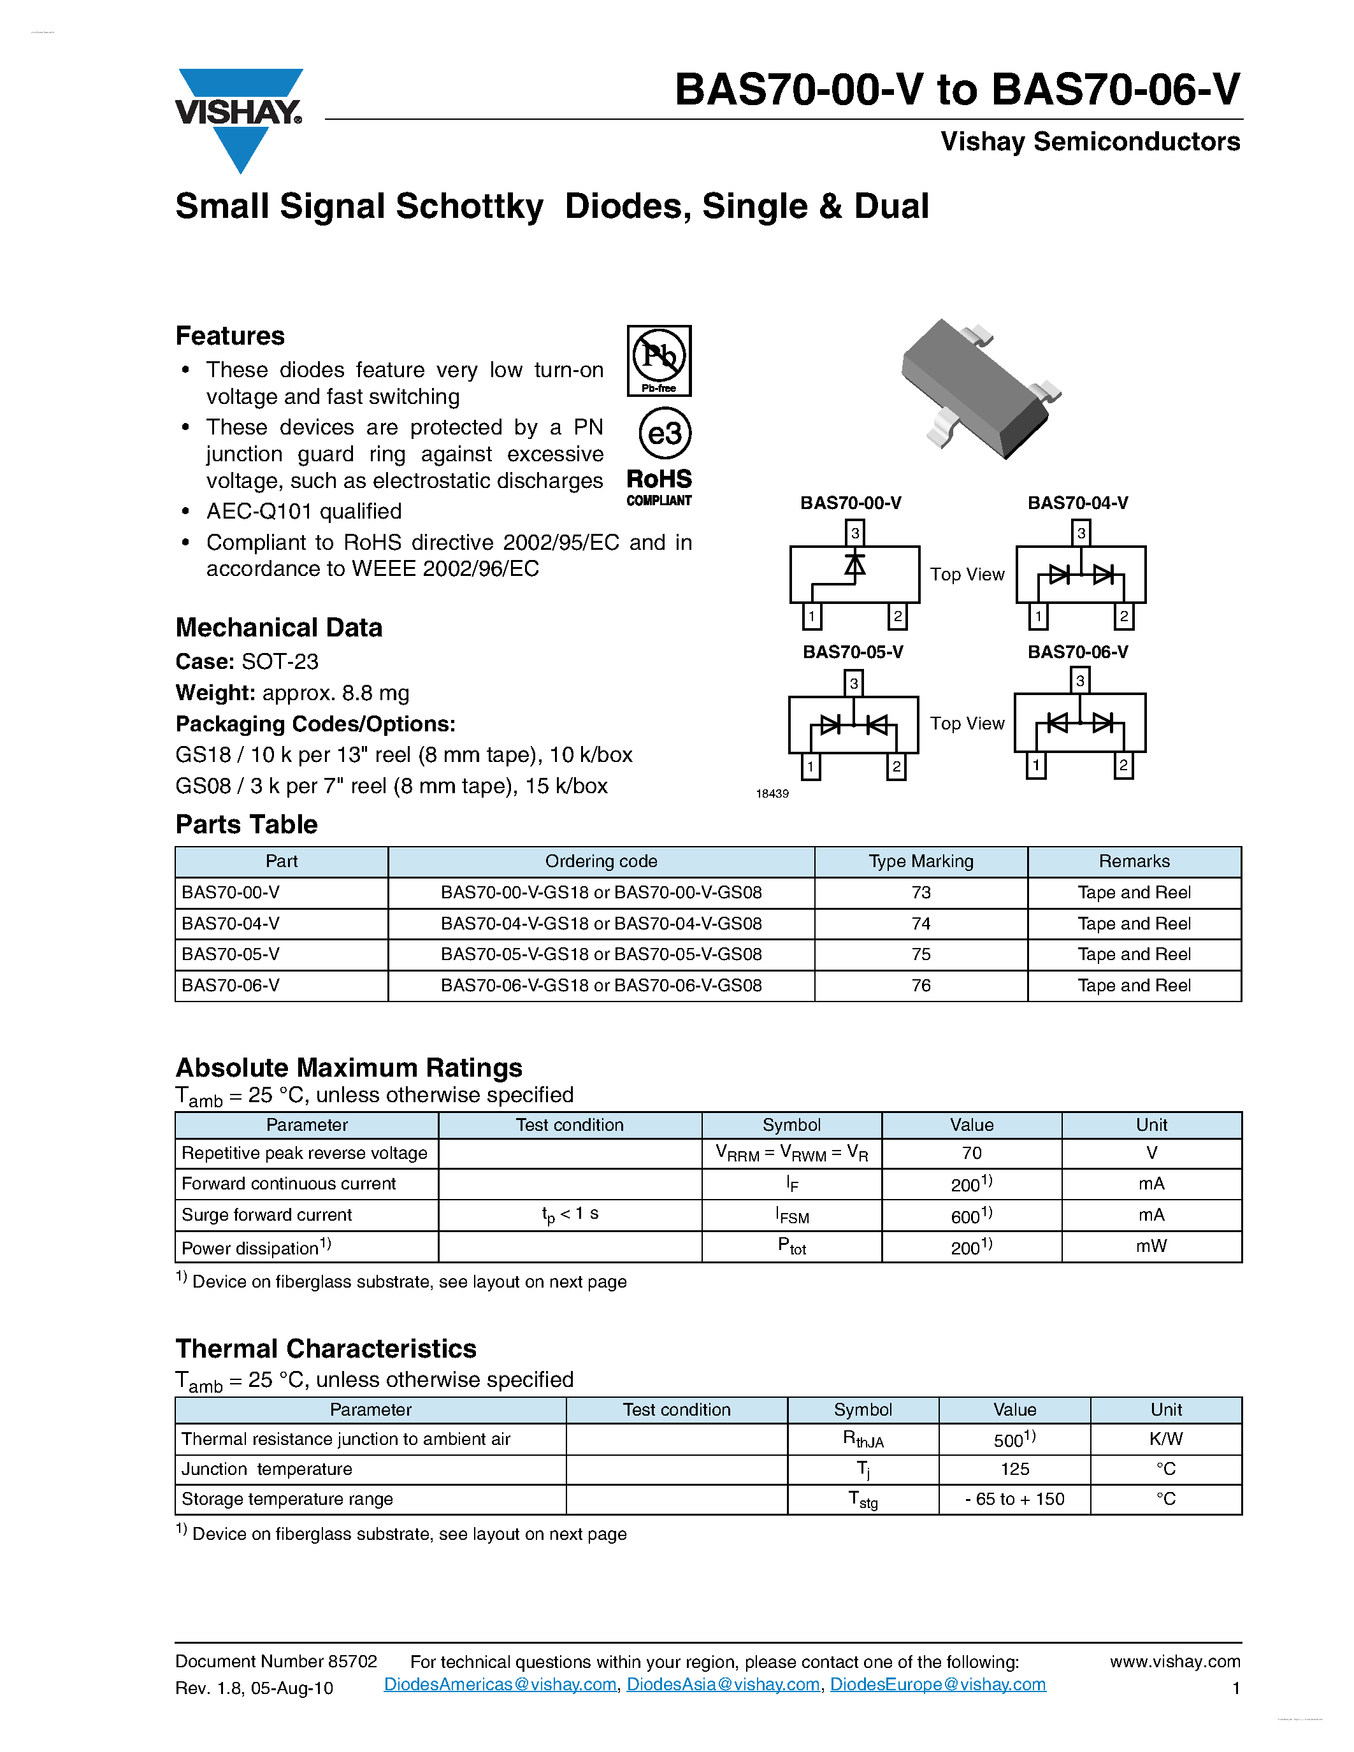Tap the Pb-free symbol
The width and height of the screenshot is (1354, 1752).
tap(659, 360)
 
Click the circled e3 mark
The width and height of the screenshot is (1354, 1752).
tap(664, 434)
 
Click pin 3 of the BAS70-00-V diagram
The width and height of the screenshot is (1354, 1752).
tap(855, 533)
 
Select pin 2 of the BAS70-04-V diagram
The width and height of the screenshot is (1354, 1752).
tap(1124, 616)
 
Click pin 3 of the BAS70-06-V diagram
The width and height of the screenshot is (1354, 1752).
tap(1079, 680)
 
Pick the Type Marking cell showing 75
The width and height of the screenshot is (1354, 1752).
tap(921, 954)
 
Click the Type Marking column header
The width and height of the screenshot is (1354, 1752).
tap(921, 861)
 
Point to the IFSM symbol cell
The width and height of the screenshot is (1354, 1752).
tap(792, 1216)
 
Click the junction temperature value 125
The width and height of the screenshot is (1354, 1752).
tap(1014, 1469)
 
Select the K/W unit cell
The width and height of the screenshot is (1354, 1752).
tap(1165, 1439)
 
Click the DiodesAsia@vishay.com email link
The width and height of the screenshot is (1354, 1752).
tap(723, 1684)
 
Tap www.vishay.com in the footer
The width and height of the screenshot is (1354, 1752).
tap(1174, 1662)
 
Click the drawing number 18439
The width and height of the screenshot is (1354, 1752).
tap(772, 793)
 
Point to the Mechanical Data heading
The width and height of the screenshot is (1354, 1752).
tap(278, 628)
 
